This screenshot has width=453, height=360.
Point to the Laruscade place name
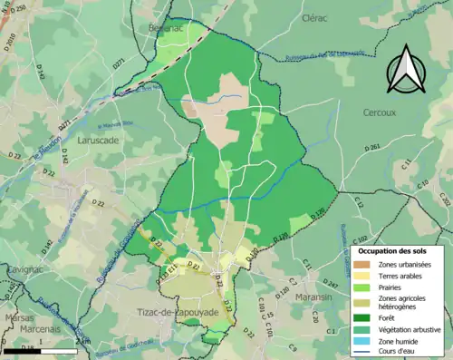[97, 141]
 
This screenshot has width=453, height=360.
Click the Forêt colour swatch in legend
[367, 316]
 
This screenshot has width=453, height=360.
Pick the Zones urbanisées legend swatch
[367, 263]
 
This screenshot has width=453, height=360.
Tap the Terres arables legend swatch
[367, 275]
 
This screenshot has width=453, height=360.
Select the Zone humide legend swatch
[367, 340]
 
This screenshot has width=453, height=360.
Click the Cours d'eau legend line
[367, 351]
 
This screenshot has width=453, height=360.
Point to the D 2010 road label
[12, 43]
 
